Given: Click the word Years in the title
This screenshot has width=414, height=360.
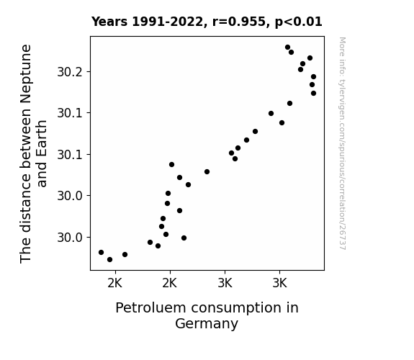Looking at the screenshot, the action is click(109, 22).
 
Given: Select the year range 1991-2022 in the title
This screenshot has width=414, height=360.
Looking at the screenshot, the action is click(168, 22).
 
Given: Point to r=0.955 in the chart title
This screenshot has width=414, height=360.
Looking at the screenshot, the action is click(239, 22).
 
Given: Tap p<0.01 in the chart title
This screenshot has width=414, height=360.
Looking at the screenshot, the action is click(299, 22).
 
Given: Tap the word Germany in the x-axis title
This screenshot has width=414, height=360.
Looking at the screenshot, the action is click(207, 324).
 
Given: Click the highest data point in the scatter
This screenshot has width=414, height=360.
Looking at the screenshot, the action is click(287, 48).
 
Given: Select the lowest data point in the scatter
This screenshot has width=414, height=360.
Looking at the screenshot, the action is click(110, 260).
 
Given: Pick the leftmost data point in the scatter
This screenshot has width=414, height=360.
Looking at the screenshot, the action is click(101, 252).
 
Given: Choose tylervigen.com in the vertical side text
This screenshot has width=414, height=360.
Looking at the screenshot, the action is click(342, 99).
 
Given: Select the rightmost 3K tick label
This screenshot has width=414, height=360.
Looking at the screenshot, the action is click(279, 284).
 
